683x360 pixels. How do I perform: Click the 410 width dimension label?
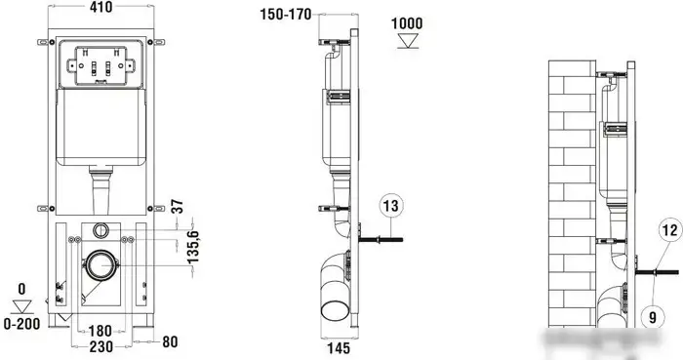[x=100, y=7]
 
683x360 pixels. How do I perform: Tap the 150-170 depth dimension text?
[x=286, y=15]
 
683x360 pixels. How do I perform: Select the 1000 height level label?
[x=407, y=23]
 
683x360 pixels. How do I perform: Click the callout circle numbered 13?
[x=390, y=206]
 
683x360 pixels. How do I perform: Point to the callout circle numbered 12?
[x=670, y=230]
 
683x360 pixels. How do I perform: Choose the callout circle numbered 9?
[x=652, y=316]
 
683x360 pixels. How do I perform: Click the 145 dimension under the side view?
[x=339, y=348]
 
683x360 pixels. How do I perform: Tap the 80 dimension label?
[x=170, y=342]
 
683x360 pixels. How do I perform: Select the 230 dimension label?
[x=101, y=347]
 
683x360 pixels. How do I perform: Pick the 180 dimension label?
[x=100, y=331]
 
